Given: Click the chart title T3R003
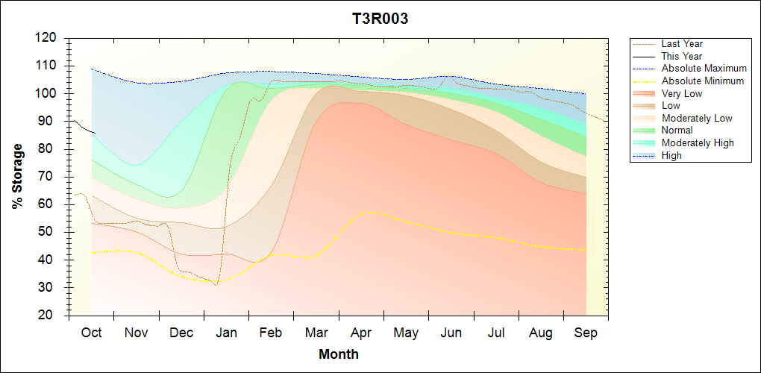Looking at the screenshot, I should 380,19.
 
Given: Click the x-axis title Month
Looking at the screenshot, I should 338,354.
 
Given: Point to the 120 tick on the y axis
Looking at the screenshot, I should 48,37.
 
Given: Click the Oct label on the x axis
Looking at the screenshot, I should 91,333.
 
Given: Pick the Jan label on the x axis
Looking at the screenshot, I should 226,333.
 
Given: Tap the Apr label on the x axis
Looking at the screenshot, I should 361,333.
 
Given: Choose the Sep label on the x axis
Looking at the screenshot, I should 586,333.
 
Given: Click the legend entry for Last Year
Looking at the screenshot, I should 681,44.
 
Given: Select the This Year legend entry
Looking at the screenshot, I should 681,56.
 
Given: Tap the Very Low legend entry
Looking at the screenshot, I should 681,93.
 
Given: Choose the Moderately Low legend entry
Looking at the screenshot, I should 697,118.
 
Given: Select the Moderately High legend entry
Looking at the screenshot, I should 698,142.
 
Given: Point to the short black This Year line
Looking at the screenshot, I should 82,128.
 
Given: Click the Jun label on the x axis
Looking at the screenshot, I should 451,333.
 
